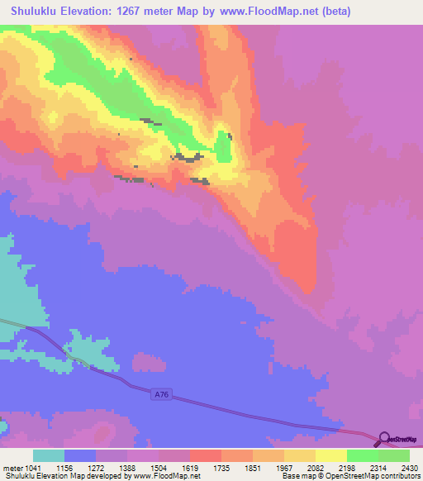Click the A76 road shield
click(161, 396)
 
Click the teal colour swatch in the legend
click(49, 455)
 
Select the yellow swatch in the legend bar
click(330, 455)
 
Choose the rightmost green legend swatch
click(394, 455)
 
